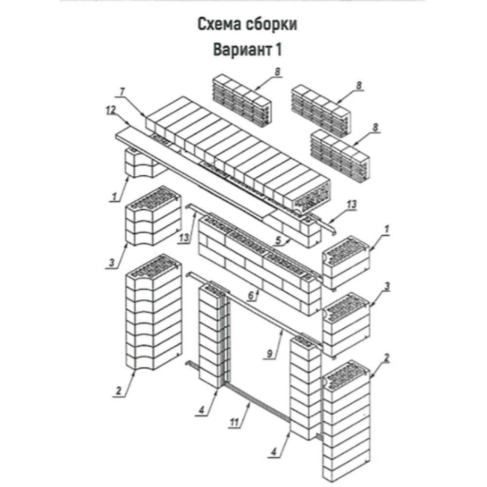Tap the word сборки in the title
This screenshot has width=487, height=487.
pyautogui.click(x=272, y=24)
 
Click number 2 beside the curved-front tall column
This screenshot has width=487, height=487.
pyautogui.click(x=118, y=391)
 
